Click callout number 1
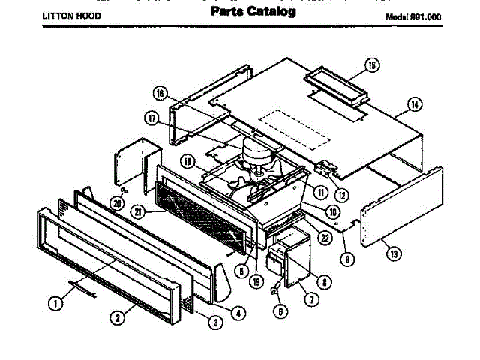click(x=55, y=304)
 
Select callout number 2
click(x=118, y=317)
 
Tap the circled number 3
click(x=214, y=323)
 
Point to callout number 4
click(x=238, y=313)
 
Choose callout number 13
click(x=391, y=253)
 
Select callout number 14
click(x=414, y=104)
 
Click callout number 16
click(x=160, y=94)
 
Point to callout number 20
click(x=116, y=202)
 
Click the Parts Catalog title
click(x=253, y=12)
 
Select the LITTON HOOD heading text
click(x=70, y=15)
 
